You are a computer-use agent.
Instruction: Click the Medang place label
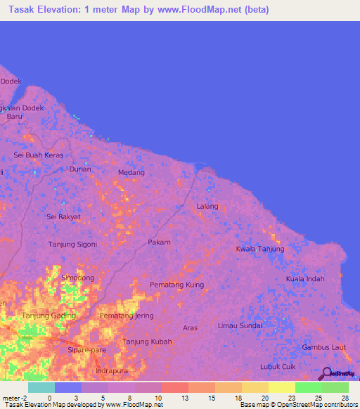[131, 172]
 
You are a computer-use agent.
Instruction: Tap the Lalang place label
[207, 206]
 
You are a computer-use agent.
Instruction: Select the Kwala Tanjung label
[260, 249]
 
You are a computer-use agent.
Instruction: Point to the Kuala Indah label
[305, 279]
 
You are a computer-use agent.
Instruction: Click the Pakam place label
[159, 242]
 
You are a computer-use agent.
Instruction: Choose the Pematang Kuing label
[176, 285]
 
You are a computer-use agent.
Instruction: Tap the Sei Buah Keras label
[39, 155]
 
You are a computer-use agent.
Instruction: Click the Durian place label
[81, 169]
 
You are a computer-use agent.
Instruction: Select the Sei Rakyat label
[63, 216]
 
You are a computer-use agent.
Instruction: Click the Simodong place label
[78, 278]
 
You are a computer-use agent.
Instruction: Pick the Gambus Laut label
[323, 347]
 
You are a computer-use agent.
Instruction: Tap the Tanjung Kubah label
[147, 342]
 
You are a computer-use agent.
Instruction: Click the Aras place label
[190, 328]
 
